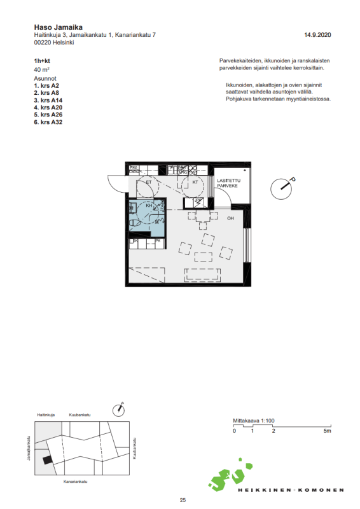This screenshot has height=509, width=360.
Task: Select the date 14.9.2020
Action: [x=317, y=35]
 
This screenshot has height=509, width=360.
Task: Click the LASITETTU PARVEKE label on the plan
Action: [x=228, y=183]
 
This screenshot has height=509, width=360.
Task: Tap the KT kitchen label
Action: [x=195, y=182]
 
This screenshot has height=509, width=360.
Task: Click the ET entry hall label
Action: [x=149, y=182]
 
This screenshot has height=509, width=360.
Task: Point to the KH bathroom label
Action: [x=149, y=206]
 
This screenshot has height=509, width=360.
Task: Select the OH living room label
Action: [x=230, y=218]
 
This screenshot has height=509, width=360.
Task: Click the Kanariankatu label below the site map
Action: [x=74, y=483]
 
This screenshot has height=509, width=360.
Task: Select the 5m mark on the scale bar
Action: [x=326, y=431]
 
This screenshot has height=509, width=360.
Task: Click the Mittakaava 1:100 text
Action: [x=253, y=421]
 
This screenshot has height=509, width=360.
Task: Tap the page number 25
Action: [x=183, y=501]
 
